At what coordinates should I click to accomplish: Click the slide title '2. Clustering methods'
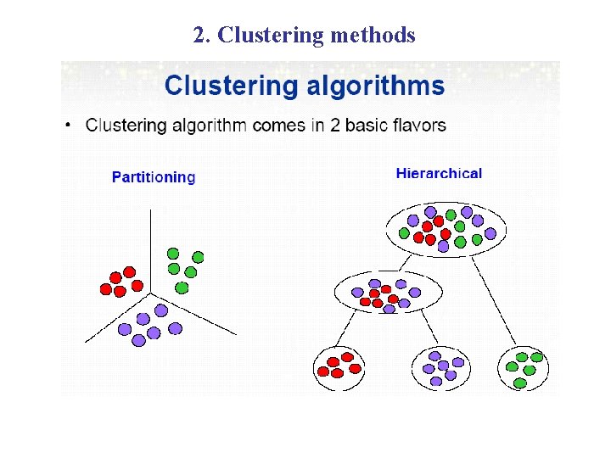[304, 36]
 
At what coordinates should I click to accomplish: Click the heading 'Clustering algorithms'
[304, 86]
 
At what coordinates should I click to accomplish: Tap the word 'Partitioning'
[154, 177]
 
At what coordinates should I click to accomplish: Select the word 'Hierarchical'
[439, 174]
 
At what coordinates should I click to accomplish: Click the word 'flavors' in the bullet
[415, 126]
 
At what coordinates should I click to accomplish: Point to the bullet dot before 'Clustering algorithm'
[69, 126]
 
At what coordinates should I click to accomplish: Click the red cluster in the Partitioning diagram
[121, 282]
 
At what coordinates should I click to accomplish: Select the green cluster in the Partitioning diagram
[184, 268]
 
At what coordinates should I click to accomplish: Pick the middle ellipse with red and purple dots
[388, 294]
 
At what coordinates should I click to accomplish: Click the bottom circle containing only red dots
[339, 367]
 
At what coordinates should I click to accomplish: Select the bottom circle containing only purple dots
[440, 367]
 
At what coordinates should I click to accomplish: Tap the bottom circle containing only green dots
[524, 367]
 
